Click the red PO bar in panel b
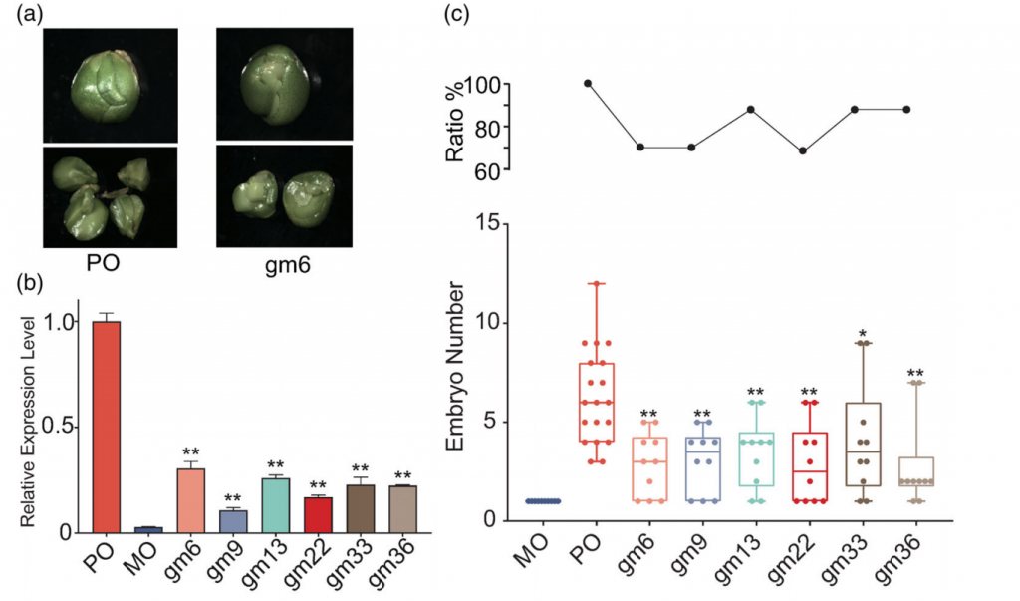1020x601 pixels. pos(106,427)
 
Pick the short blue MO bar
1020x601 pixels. pos(148,529)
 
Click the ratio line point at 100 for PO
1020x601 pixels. pos(588,84)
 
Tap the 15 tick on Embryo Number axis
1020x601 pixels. pos(489,224)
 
